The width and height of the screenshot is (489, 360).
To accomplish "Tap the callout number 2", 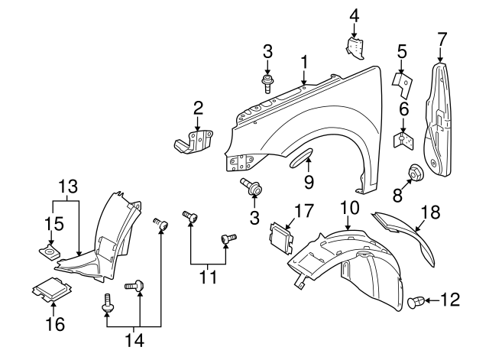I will [197, 109].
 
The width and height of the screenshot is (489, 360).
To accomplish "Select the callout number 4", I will [354, 15].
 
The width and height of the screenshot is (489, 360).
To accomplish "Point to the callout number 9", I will [309, 182].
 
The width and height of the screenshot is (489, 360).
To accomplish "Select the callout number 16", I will [53, 325].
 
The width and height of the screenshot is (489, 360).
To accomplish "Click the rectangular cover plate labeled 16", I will [50, 292].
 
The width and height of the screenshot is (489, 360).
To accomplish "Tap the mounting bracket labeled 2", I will [193, 141].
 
